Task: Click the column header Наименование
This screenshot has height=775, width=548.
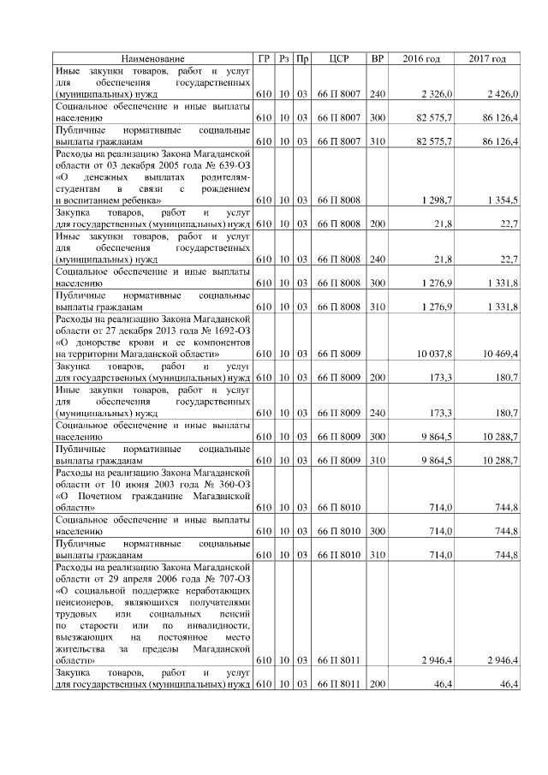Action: point(152,58)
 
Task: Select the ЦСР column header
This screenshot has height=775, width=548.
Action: point(335,58)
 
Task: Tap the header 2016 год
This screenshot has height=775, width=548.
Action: point(421,58)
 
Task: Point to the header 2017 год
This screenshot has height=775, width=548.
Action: point(487,58)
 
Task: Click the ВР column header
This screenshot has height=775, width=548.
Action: point(377,58)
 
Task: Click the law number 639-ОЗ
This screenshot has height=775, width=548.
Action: point(229,164)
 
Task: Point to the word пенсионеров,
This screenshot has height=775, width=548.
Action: point(86,603)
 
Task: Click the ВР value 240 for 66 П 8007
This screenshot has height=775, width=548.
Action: point(377,92)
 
